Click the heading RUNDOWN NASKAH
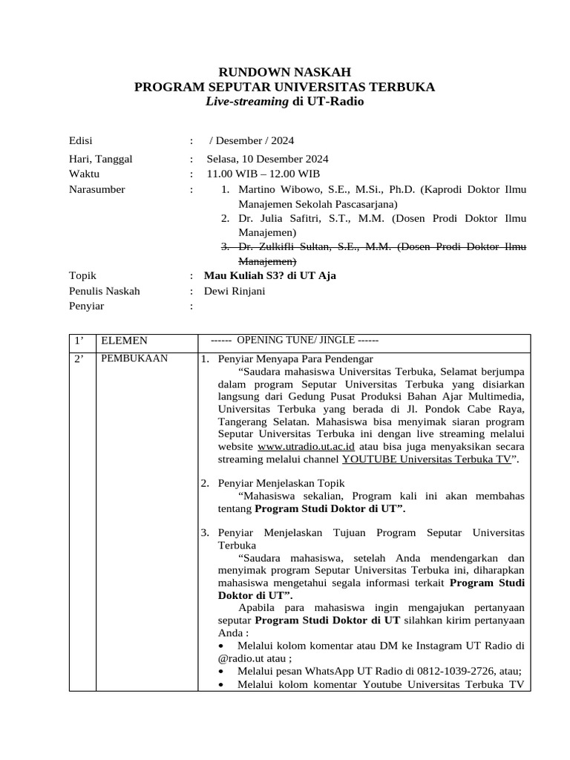click(284, 72)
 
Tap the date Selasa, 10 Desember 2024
click(267, 159)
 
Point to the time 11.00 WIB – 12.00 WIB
click(263, 174)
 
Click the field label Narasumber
click(96, 189)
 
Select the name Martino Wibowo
click(279, 189)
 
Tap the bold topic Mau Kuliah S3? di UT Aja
click(269, 275)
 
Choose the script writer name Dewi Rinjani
click(234, 291)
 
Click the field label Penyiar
click(86, 306)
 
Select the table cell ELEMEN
click(124, 341)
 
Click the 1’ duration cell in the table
click(79, 341)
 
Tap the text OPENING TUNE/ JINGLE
click(295, 340)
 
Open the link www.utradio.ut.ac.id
click(306, 447)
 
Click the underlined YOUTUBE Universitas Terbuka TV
click(427, 459)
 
